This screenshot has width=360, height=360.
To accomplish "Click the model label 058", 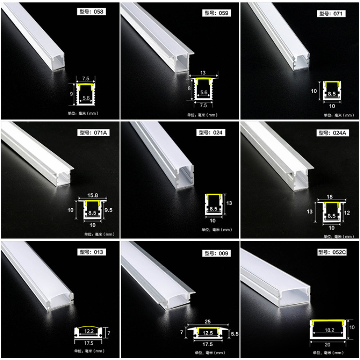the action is (91, 12).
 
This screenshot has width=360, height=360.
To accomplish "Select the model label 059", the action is (216, 13).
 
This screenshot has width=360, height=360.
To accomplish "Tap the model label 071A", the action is (94, 132).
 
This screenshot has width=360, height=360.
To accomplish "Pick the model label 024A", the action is (333, 133).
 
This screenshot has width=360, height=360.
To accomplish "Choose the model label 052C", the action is (332, 252).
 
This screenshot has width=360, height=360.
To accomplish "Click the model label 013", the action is (91, 252).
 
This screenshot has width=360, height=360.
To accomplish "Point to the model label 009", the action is (216, 253).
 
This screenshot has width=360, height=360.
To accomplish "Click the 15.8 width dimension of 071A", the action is (93, 195).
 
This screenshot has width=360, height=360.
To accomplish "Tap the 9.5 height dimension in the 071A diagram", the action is (108, 210).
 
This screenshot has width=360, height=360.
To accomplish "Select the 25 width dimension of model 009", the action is (207, 321).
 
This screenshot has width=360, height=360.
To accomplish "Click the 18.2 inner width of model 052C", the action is (329, 330).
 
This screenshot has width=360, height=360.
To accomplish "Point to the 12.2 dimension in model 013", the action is (89, 331).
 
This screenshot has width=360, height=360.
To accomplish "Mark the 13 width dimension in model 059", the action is (203, 73).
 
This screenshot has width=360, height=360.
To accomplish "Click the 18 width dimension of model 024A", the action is (329, 197).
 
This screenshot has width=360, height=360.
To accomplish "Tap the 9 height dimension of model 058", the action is (72, 94).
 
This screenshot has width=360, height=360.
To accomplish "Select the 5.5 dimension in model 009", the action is (234, 334).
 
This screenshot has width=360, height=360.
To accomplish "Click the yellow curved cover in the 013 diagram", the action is (89, 327).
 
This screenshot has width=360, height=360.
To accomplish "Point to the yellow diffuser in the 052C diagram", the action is (328, 322).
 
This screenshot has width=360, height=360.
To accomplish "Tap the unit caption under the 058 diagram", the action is (83, 113).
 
